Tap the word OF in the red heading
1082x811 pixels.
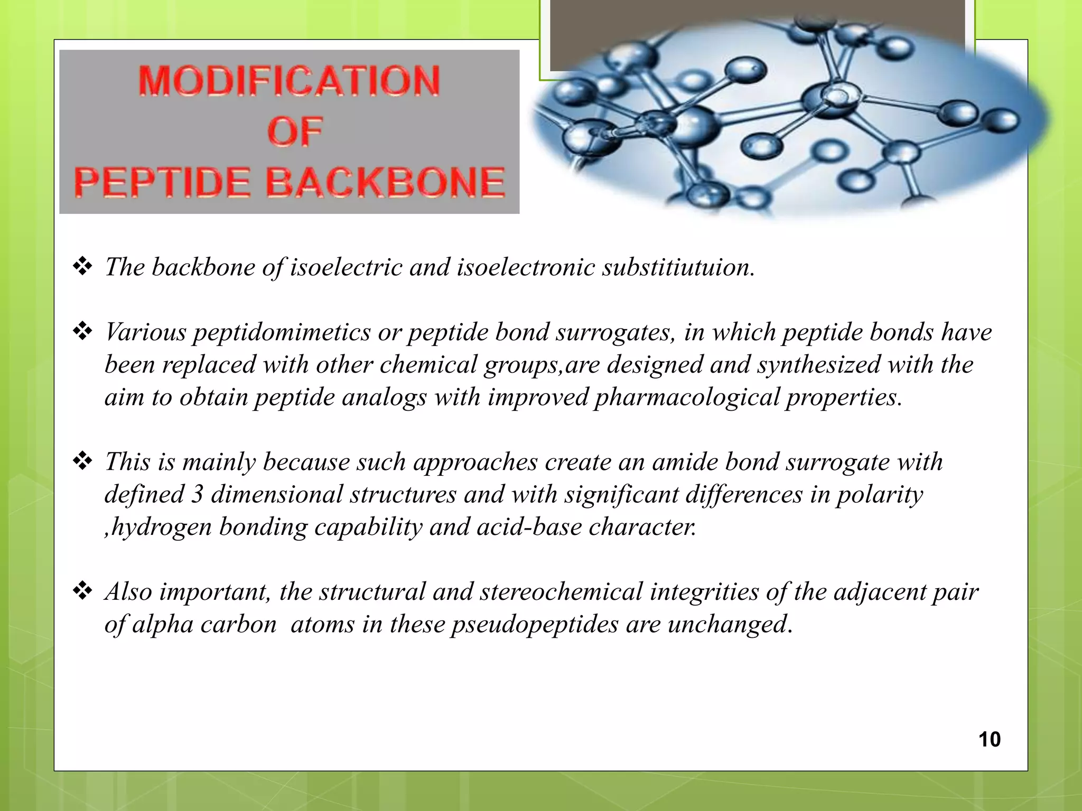294,131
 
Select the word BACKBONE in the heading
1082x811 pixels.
385,182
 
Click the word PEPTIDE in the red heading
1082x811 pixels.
162,182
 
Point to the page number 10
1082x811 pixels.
989,739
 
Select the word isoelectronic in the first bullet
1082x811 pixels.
526,267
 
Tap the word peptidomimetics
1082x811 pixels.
282,333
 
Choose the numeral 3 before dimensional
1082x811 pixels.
197,495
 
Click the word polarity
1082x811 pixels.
880,495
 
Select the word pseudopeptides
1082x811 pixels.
534,625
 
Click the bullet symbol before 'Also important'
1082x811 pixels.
82,591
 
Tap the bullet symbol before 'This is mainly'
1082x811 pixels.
82,461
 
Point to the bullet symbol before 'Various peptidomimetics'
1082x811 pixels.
82,331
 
